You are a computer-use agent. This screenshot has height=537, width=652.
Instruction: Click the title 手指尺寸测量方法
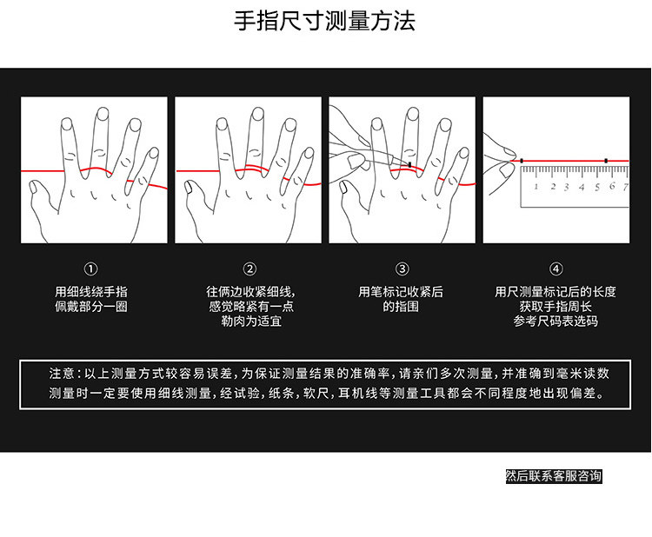pos(325,21)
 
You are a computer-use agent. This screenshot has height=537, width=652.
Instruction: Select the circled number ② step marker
pos(249,269)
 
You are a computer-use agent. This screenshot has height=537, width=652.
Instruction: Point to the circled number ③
pos(402,269)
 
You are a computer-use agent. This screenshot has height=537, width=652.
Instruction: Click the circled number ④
pos(556,269)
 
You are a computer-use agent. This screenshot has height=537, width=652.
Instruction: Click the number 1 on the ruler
pos(536,186)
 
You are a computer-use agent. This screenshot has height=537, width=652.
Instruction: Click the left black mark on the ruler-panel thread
pos(522,161)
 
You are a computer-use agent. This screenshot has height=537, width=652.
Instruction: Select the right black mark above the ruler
pos(605,161)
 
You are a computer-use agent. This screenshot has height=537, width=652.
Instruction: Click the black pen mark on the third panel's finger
pos(409,163)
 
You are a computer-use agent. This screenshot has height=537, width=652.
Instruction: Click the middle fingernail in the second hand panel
pos(257,114)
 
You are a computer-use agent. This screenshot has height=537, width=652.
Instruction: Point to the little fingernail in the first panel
pos(154,152)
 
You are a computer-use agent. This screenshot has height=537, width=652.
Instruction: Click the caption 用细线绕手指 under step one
pos(91,292)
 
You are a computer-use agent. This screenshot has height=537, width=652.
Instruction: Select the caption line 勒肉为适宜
pos(250,322)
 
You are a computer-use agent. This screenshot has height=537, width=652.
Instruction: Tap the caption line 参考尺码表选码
pos(556,322)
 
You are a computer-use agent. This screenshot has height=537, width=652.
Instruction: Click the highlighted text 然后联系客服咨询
pos(553,476)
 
